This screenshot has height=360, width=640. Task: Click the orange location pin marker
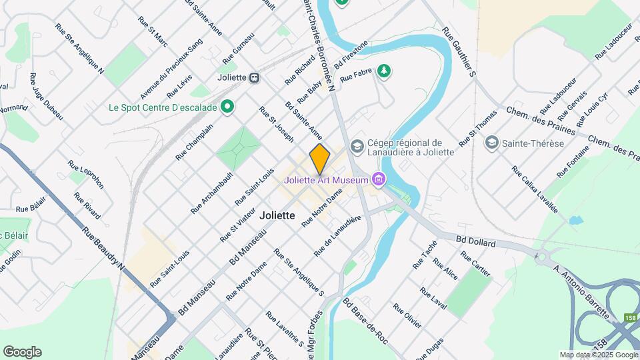point(320,159)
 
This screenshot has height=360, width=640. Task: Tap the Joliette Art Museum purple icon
point(379,179)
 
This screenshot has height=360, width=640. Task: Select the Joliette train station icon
point(254,77)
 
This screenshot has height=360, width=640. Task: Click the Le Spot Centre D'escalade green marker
point(227,107)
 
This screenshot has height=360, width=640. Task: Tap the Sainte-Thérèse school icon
point(492,143)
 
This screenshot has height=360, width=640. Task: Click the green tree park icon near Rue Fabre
point(383,70)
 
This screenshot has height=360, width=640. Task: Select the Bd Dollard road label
point(476,241)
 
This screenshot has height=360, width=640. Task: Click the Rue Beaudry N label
point(103,247)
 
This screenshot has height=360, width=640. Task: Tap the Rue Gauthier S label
point(457,53)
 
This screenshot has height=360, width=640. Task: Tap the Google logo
point(22,351)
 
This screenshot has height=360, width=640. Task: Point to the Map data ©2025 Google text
point(599,355)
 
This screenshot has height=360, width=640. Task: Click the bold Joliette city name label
point(277,215)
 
